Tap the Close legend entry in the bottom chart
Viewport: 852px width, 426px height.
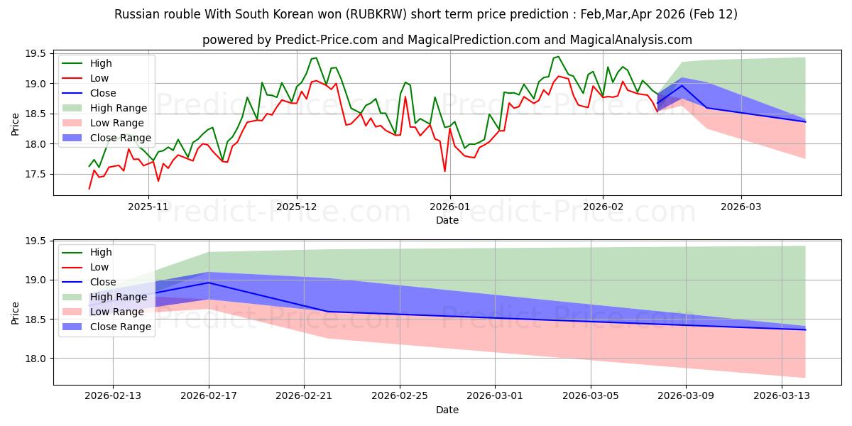(104, 282)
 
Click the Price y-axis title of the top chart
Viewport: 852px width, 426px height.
(16, 124)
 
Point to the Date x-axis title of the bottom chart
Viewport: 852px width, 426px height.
(447, 410)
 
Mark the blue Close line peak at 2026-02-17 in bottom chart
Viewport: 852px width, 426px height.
(209, 283)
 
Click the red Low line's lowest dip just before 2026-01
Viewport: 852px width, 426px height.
(445, 171)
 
